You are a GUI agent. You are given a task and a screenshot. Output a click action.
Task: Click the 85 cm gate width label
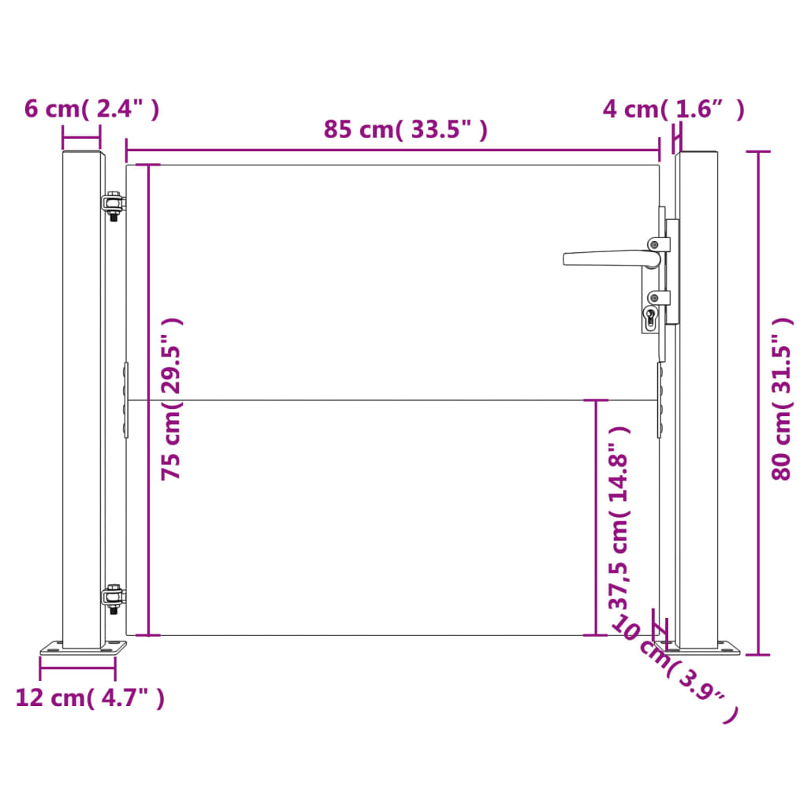tap(405, 130)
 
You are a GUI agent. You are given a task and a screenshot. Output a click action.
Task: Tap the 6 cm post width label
tap(91, 110)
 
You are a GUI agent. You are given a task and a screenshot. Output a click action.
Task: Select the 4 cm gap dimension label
tap(673, 110)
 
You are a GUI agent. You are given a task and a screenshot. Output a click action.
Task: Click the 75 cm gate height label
tap(171, 399)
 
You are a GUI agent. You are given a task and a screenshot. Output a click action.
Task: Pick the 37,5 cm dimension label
tap(619, 518)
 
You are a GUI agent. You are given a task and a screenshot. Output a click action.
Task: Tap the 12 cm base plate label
tap(90, 697)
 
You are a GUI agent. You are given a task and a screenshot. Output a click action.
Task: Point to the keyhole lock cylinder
tap(650, 317)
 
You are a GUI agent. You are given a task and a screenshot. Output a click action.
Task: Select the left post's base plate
tap(84, 649)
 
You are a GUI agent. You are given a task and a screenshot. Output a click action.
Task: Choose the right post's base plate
tap(697, 649)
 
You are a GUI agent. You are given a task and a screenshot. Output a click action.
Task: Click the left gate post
tap(83, 394)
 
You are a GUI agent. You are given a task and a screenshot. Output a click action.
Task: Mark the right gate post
tap(698, 394)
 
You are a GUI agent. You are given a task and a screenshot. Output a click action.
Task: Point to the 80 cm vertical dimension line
tap(759, 403)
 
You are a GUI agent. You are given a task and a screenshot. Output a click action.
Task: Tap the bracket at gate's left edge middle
tap(125, 400)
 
